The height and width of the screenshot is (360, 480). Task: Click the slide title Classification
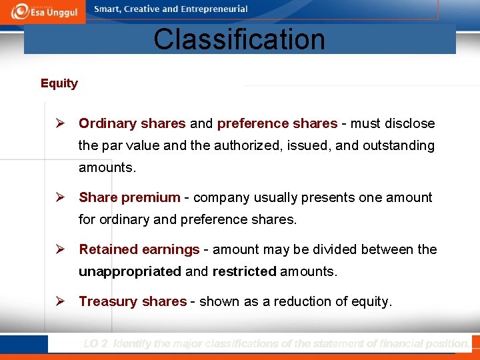coord(239,39)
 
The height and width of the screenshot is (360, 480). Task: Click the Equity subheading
coord(59,83)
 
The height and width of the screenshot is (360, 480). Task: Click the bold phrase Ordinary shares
coord(132,123)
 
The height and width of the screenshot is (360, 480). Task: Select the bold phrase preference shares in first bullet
coord(277,123)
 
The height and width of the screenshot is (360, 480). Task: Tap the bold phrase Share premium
coord(129,197)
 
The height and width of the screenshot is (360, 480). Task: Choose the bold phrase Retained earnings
coord(139,249)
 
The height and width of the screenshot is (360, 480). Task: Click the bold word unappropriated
coord(129,271)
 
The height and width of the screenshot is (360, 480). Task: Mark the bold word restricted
coord(244,271)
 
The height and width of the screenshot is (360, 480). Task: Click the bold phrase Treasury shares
coord(133,301)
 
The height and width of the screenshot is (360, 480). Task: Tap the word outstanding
coord(398,145)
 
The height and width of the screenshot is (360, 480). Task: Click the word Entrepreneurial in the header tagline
coord(213,9)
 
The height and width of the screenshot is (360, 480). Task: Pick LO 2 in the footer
coord(96,344)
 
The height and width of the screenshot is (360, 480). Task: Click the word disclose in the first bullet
coord(410,123)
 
